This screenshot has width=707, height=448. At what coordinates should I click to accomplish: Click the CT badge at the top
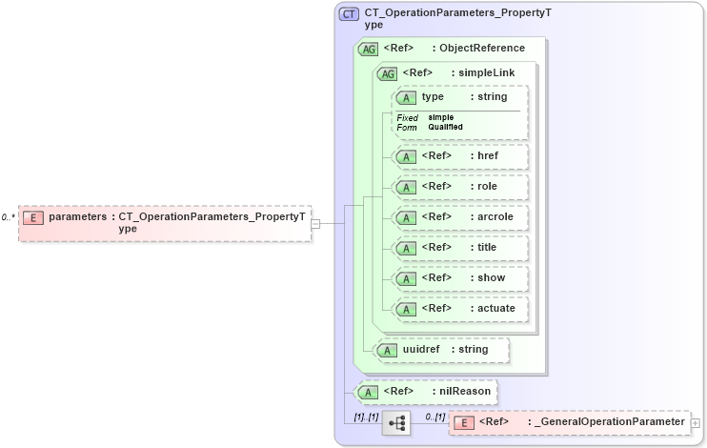350,15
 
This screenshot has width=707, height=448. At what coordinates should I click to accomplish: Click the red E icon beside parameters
33,217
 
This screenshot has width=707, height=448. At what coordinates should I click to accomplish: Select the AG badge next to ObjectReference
367,49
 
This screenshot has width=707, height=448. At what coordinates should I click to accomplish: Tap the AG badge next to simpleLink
388,73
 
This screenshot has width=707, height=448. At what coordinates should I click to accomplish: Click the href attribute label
487,156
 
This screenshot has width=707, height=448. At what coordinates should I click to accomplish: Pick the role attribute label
487,187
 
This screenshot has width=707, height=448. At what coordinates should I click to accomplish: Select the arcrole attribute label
495,217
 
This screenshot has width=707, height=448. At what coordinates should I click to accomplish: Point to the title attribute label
487,248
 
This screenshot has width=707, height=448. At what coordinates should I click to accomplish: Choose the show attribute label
491,278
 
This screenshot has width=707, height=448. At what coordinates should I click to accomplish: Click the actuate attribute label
495,309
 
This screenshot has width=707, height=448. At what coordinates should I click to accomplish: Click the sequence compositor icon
395,422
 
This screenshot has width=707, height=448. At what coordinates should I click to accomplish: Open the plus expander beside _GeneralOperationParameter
695,422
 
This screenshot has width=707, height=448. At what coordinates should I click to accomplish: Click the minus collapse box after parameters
315,224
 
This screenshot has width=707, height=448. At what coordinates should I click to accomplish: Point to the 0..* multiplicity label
8,217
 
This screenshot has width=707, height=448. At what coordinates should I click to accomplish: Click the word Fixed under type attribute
407,117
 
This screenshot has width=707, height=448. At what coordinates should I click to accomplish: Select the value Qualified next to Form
445,127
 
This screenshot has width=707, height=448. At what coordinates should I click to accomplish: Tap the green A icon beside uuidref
388,350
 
